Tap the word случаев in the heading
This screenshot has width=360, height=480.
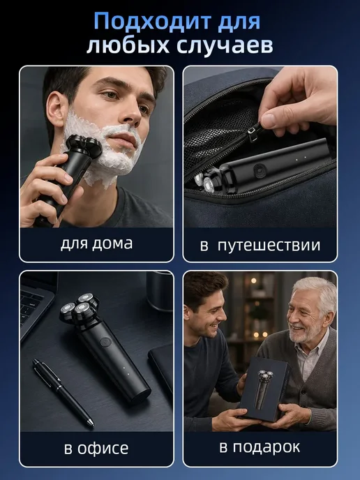tap(225, 46)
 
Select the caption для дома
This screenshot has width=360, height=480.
tap(97, 244)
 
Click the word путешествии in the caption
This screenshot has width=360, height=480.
tap(269, 246)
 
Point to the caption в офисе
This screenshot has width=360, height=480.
tap(96, 449)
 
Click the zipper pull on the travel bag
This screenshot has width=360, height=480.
tap(253, 135)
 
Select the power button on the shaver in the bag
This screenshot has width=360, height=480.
tap(260, 170)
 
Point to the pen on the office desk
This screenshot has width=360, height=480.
tap(63, 393)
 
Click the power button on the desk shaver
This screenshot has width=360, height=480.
tap(105, 342)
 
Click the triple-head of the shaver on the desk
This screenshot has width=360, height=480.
tap(79, 308)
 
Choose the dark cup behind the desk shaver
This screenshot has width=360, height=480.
tap(160, 290)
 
